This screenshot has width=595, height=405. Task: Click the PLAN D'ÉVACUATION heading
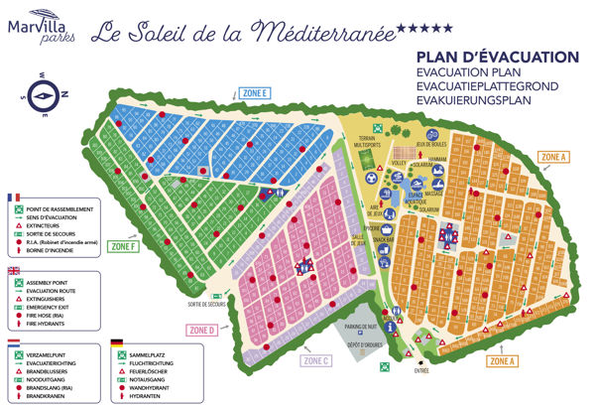tap(485, 58)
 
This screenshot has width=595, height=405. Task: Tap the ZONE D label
tap(201, 330)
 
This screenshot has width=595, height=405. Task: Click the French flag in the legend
tap(14, 198)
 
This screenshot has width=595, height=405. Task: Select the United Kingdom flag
tap(14, 271)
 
